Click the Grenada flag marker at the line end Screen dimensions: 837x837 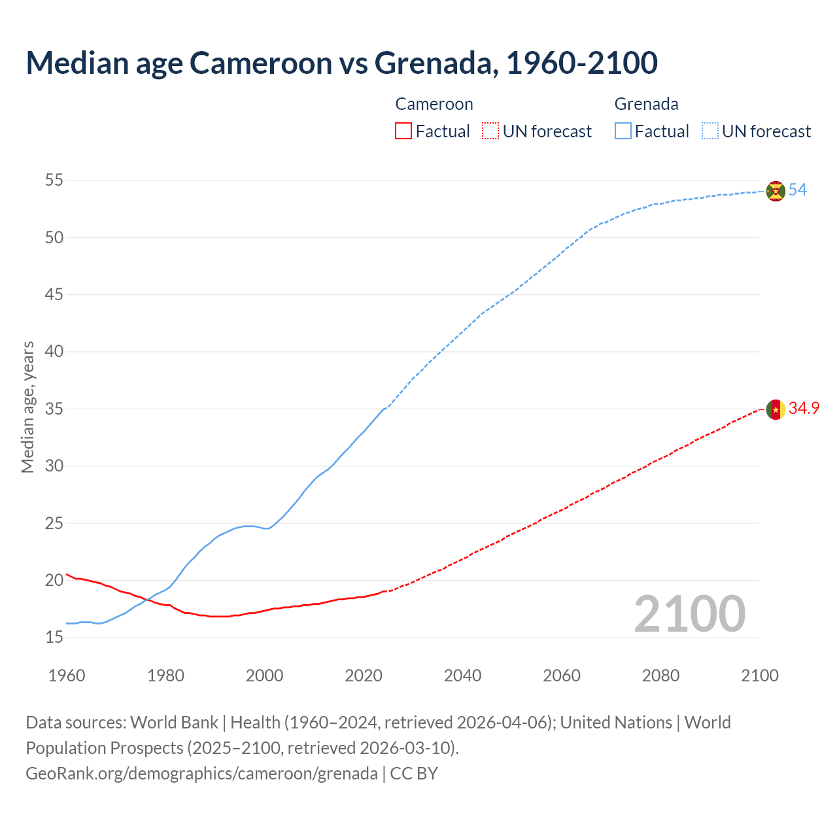[x=776, y=191]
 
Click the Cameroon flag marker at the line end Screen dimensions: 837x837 [x=776, y=409]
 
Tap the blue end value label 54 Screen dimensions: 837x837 [x=797, y=190]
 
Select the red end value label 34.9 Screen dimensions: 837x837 [x=804, y=409]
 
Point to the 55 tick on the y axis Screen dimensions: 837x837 [x=54, y=180]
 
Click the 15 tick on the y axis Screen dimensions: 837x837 [x=54, y=637]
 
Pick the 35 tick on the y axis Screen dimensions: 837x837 [x=54, y=409]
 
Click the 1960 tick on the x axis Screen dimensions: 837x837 [x=67, y=675]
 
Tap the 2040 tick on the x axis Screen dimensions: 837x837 [x=462, y=675]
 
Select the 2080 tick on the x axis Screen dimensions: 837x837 [x=660, y=675]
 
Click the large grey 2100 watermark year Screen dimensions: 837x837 [x=689, y=614]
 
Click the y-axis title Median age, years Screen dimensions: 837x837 [x=27, y=407]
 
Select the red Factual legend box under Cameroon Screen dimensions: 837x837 [x=403, y=131]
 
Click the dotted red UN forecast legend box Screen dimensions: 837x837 [x=490, y=131]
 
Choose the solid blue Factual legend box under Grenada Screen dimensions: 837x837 [x=623, y=131]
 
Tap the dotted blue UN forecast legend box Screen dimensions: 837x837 [x=710, y=131]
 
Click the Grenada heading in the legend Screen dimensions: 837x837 [x=646, y=104]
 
